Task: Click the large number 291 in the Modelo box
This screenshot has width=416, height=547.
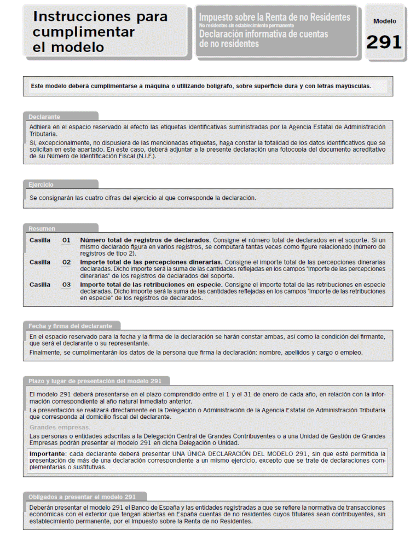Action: tap(384, 42)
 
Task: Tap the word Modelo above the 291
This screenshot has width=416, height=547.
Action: tap(384, 21)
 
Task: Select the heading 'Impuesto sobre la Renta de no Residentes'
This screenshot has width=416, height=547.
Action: tap(274, 17)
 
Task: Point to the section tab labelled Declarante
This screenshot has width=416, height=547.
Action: tap(44, 117)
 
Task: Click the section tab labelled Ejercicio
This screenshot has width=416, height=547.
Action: tap(41, 185)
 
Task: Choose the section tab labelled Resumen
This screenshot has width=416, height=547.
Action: tap(42, 228)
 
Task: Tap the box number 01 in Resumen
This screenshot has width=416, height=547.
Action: tap(66, 240)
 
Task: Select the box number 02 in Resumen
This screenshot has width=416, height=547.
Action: tap(66, 262)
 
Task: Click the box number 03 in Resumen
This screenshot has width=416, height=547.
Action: tap(66, 285)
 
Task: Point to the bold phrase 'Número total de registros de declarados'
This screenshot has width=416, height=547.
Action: tap(145, 240)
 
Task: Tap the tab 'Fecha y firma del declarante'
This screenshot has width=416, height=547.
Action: tap(74, 326)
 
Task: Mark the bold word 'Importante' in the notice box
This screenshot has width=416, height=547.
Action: tap(48, 454)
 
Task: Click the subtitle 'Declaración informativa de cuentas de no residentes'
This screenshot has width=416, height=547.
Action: tap(263, 38)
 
